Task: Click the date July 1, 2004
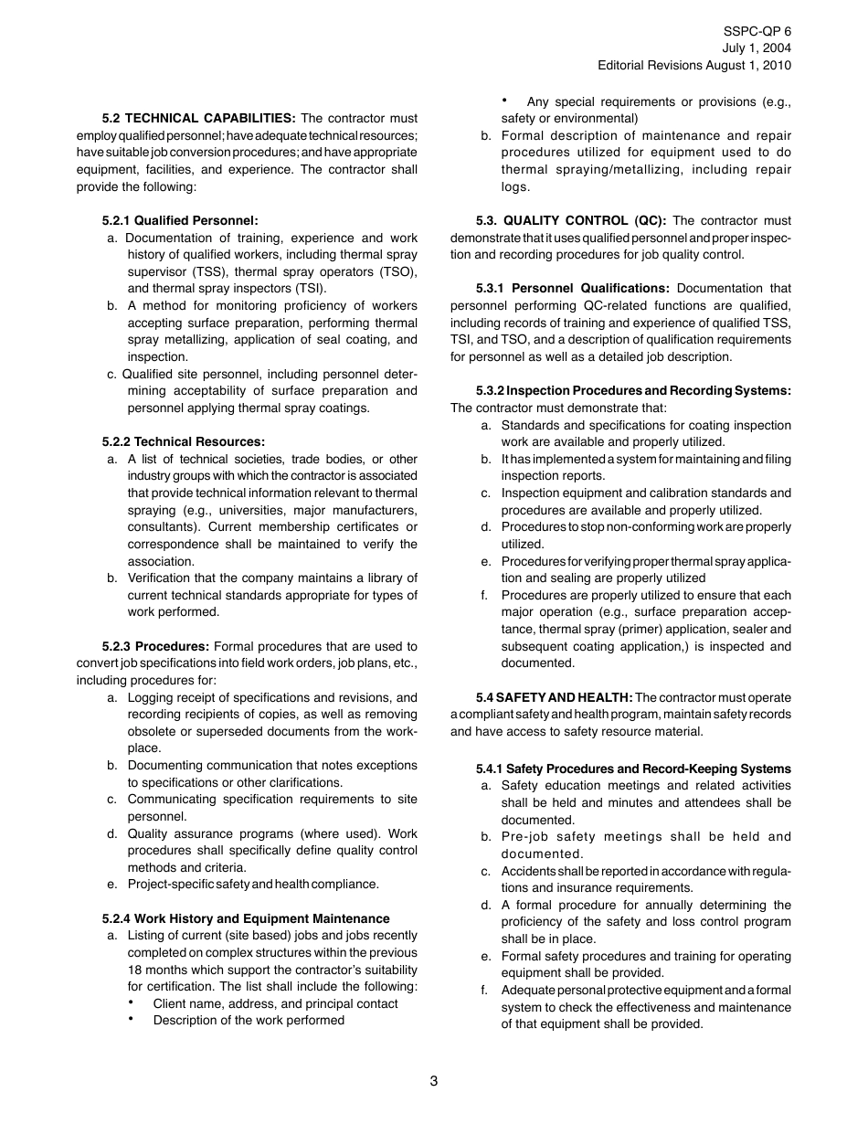pos(757,48)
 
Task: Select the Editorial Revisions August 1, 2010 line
pos(694,65)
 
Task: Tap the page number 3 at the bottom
pos(434,1081)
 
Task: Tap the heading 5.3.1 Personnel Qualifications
pos(573,289)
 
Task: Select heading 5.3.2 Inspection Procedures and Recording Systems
pos(633,391)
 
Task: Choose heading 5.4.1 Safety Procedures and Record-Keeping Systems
pos(633,769)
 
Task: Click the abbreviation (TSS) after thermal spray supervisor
pos(207,271)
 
